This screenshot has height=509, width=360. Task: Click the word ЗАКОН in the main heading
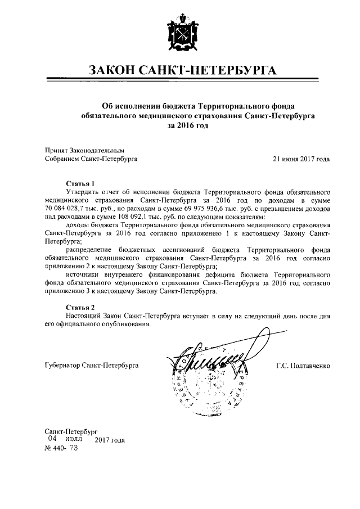(x=112, y=70)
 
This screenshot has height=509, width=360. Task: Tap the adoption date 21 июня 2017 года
(x=301, y=159)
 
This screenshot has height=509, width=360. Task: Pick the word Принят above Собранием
(x=55, y=151)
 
